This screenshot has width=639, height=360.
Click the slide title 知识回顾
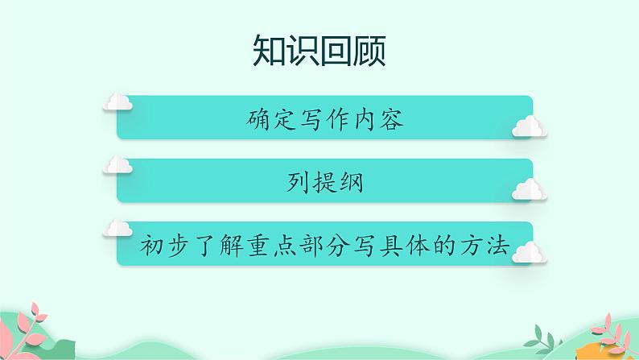[319, 51]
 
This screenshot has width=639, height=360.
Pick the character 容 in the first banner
[390, 121]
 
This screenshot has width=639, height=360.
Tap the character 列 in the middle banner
[296, 183]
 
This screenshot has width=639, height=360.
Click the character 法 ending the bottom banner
[499, 245]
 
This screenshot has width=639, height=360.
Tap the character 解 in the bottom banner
[231, 245]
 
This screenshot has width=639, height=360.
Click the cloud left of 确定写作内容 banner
[118, 101]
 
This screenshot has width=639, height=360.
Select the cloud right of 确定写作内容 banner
[529, 126]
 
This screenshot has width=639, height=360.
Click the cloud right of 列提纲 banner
[529, 189]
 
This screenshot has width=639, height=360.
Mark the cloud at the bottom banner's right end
[529, 252]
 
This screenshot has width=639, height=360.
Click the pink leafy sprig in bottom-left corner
[32, 326]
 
